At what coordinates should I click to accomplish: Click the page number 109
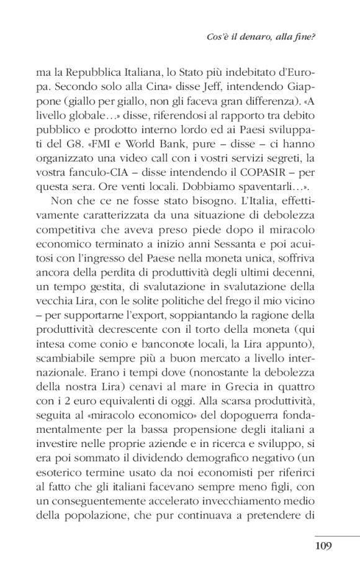tap(323, 546)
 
